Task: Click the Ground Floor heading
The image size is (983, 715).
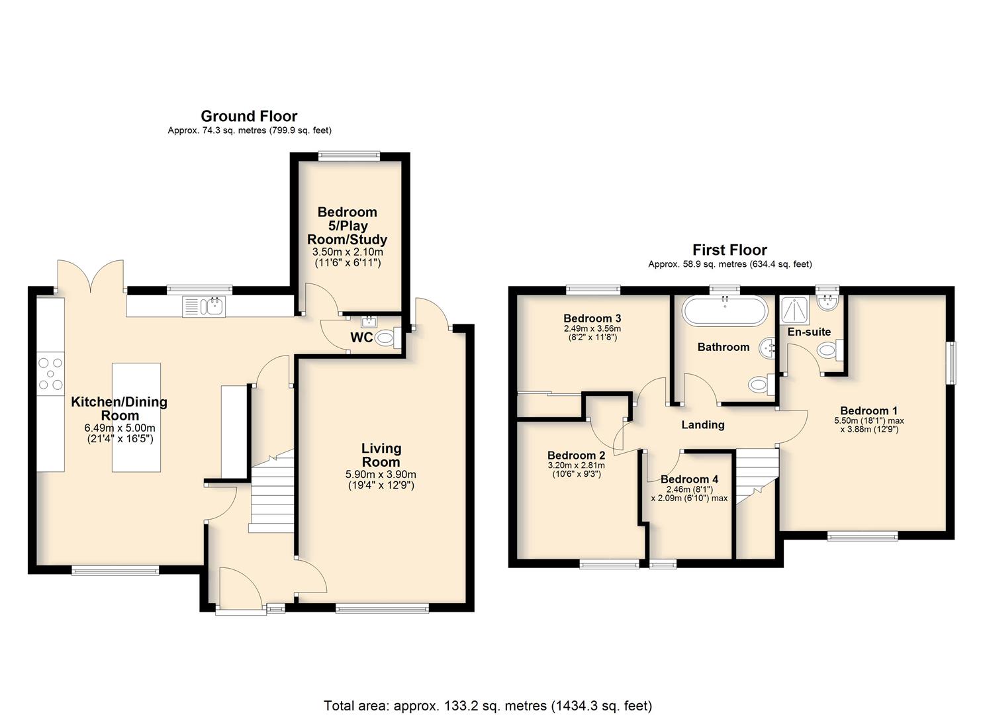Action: (249, 117)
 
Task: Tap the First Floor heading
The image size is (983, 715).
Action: (729, 250)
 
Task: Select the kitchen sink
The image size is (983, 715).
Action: (204, 306)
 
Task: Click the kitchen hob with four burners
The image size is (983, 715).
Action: (50, 373)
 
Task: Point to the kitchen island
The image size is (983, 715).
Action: (136, 417)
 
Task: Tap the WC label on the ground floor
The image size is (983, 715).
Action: (361, 338)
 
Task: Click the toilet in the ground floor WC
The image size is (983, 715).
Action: (388, 337)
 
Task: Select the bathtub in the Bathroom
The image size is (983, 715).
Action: (725, 310)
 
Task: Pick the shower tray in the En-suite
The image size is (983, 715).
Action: (795, 310)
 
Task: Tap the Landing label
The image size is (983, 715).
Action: (703, 424)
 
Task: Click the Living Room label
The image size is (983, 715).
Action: (381, 455)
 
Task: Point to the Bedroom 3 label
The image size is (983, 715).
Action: (592, 318)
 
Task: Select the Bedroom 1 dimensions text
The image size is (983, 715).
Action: (869, 425)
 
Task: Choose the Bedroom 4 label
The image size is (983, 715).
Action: (689, 479)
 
